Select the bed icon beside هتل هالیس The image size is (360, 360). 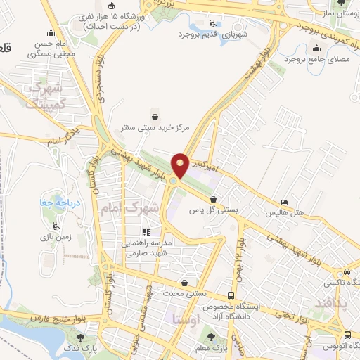(x=283, y=201)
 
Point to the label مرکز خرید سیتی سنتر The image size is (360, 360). (x=155, y=129)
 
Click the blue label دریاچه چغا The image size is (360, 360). (x=53, y=203)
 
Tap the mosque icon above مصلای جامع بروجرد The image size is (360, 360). (x=316, y=48)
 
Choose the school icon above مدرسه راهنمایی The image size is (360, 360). (x=146, y=232)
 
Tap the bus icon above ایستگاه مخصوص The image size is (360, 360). (x=231, y=295)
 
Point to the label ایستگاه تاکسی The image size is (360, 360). (x=344, y=282)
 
